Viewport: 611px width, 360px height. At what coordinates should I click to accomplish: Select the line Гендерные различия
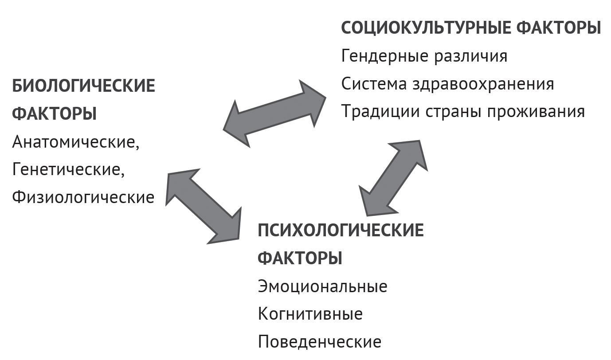coord(424,56)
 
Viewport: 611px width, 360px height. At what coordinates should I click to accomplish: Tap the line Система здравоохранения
coord(448,84)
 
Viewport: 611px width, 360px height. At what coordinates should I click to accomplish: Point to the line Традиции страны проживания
coord(463,111)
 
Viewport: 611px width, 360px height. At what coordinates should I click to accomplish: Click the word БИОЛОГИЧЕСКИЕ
coord(84,86)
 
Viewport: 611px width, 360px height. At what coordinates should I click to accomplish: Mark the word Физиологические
coord(83,197)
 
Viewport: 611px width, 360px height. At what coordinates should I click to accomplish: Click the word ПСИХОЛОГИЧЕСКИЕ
coord(341,231)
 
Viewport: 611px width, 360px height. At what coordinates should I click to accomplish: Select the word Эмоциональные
coord(322,286)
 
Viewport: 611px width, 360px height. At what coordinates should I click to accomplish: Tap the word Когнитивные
coord(310,314)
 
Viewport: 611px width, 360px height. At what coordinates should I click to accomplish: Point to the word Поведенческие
coord(319,341)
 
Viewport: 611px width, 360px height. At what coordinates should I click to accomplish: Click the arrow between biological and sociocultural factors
coord(275,113)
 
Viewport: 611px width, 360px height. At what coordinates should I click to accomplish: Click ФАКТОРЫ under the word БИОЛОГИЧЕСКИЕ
coord(54,114)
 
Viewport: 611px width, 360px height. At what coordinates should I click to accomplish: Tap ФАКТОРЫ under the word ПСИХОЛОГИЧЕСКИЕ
coord(300,258)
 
